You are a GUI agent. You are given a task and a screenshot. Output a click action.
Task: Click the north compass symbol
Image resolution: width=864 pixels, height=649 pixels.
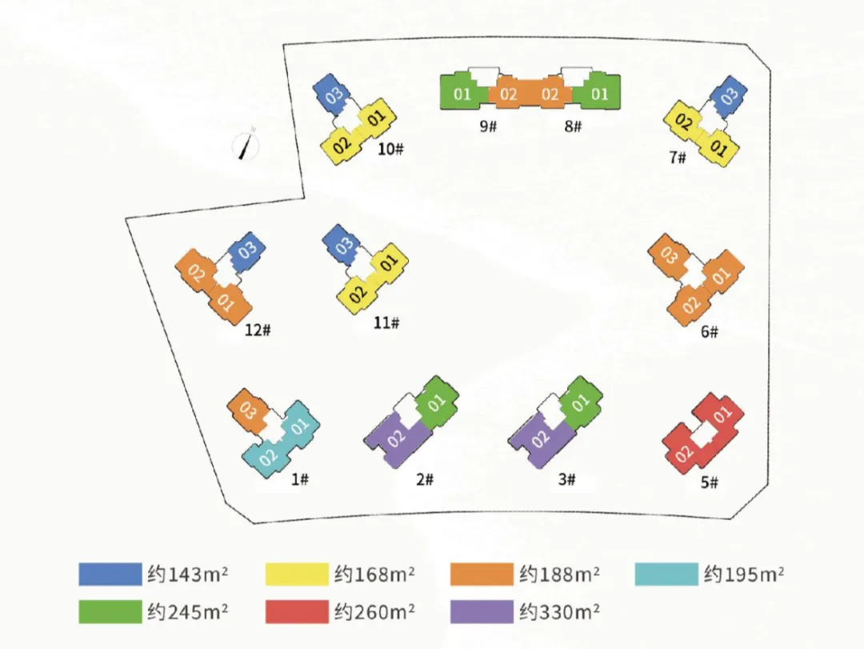coord(247,146)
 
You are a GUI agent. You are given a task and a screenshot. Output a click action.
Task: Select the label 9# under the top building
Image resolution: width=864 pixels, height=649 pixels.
coord(489,126)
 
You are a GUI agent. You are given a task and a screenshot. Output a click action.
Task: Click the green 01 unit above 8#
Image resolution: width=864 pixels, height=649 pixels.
coord(599,94)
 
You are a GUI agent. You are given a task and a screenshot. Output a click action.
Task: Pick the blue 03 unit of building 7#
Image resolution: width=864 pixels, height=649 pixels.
coord(729,96)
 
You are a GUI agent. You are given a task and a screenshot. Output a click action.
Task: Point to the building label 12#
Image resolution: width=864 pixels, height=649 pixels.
coord(258,330)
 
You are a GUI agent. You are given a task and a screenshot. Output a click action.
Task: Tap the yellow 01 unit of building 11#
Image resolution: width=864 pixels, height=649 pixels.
coord(389,262)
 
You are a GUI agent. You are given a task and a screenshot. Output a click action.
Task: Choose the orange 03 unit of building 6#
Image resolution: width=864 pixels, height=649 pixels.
coord(669,256)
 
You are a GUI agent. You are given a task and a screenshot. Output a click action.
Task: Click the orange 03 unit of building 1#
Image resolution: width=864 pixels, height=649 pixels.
coord(247,411)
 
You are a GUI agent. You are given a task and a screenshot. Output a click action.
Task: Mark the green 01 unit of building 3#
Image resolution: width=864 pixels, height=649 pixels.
coord(581,402)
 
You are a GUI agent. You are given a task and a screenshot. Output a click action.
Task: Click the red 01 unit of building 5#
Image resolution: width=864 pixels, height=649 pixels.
coord(722,415)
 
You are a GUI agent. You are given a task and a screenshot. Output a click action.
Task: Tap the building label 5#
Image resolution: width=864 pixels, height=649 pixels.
coord(710,483)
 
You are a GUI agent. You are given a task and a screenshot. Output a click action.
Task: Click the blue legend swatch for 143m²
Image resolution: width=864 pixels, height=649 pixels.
coord(110,575)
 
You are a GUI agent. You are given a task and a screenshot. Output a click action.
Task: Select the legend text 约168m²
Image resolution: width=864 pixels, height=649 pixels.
coord(374,575)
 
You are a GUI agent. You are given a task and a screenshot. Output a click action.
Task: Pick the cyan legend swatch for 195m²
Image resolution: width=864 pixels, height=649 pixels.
coord(666,575)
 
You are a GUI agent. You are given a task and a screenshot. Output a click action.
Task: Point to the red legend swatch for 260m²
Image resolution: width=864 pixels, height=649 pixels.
coord(296,612)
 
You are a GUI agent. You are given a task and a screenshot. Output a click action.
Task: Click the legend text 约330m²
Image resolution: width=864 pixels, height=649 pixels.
coord(560,612)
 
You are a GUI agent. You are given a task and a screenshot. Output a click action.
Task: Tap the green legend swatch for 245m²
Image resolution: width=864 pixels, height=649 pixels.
coord(110,612)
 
